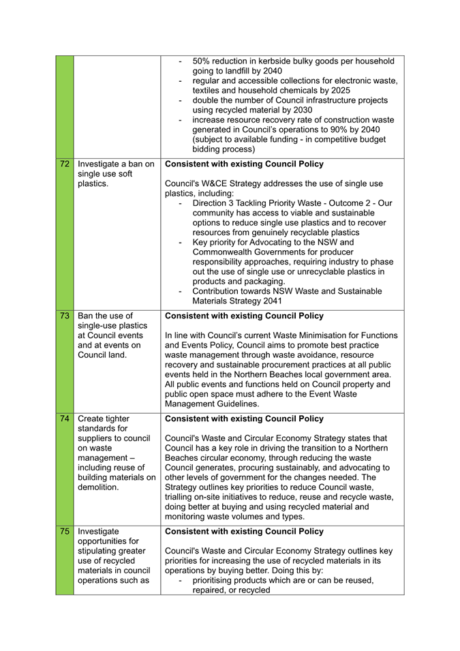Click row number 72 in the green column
coord(65,164)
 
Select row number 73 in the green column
coord(65,316)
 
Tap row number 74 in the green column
coord(65,419)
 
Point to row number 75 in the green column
coord(65,531)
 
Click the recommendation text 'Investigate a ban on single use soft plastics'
coord(116,174)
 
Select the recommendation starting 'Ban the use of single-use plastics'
coord(112,335)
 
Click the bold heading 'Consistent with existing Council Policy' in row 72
coord(245,164)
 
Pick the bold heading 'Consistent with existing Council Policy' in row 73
coord(245,316)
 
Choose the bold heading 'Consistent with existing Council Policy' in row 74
coord(245,419)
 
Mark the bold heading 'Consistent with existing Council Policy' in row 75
coord(245,531)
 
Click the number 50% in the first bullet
coord(203,61)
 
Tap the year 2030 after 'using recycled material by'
coord(301,110)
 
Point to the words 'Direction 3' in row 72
coord(216,203)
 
